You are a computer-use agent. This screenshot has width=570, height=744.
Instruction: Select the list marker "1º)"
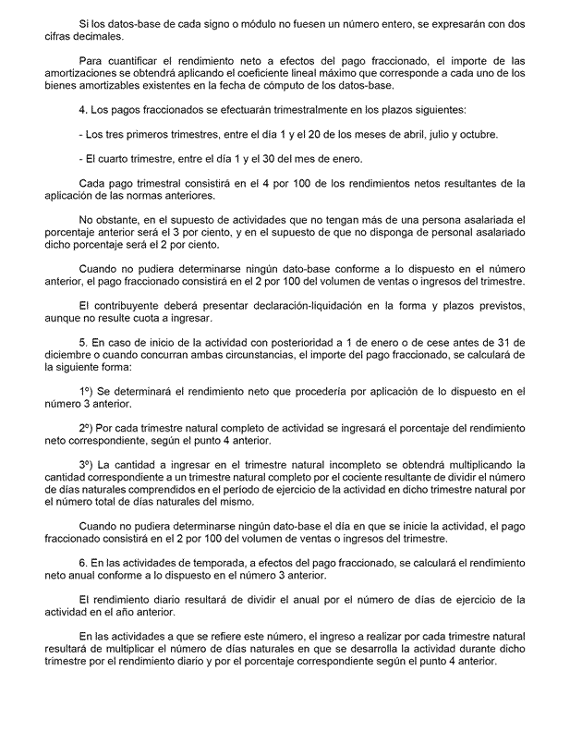point(90,390)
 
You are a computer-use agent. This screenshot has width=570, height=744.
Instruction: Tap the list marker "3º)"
point(90,463)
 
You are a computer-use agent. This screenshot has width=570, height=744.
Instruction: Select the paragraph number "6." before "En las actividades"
point(84,561)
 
